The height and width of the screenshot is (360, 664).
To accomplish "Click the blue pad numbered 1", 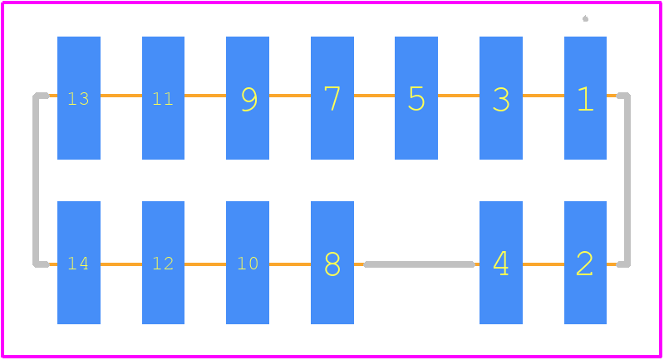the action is pyautogui.click(x=585, y=98).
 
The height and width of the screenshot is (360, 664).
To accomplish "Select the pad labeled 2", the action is pyautogui.click(x=585, y=263).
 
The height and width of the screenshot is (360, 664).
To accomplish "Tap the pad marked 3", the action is pyautogui.click(x=501, y=98).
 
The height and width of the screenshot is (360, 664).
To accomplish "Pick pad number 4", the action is pyautogui.click(x=501, y=263).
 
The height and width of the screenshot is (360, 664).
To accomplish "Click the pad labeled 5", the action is pyautogui.click(x=416, y=98).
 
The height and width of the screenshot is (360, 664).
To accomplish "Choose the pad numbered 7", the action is pyautogui.click(x=332, y=98).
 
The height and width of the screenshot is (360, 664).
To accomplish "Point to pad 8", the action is pyautogui.click(x=332, y=263).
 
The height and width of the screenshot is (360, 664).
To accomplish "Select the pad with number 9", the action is pyautogui.click(x=248, y=98).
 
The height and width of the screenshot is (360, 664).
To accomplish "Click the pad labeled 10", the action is pyautogui.click(x=248, y=263).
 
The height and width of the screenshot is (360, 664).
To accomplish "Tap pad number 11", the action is pyautogui.click(x=163, y=98).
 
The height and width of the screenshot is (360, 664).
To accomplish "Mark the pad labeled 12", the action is pyautogui.click(x=163, y=263).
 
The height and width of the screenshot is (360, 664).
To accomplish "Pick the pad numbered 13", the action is pyautogui.click(x=79, y=98).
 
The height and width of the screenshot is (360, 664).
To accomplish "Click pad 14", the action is pyautogui.click(x=79, y=263).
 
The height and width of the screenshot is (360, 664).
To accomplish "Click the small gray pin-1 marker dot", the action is pyautogui.click(x=585, y=18).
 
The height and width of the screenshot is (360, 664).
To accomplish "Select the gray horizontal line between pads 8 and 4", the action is pyautogui.click(x=419, y=264).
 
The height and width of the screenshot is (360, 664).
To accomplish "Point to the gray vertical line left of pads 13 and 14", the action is pyautogui.click(x=36, y=180).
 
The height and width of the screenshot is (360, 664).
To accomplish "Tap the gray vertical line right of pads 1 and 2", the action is pyautogui.click(x=627, y=180).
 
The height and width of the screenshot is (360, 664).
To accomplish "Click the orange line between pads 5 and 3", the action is pyautogui.click(x=459, y=96).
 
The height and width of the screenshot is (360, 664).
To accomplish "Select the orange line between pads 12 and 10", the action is pyautogui.click(x=205, y=264).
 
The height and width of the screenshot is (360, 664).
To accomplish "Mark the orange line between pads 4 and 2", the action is pyautogui.click(x=543, y=264).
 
